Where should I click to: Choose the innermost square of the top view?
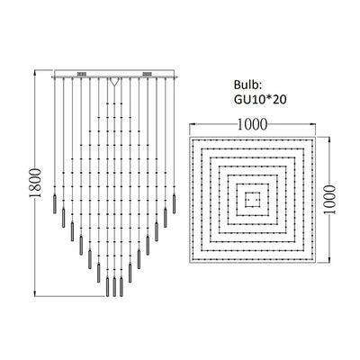click(253, 197)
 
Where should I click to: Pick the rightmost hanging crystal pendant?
click(175, 199)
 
